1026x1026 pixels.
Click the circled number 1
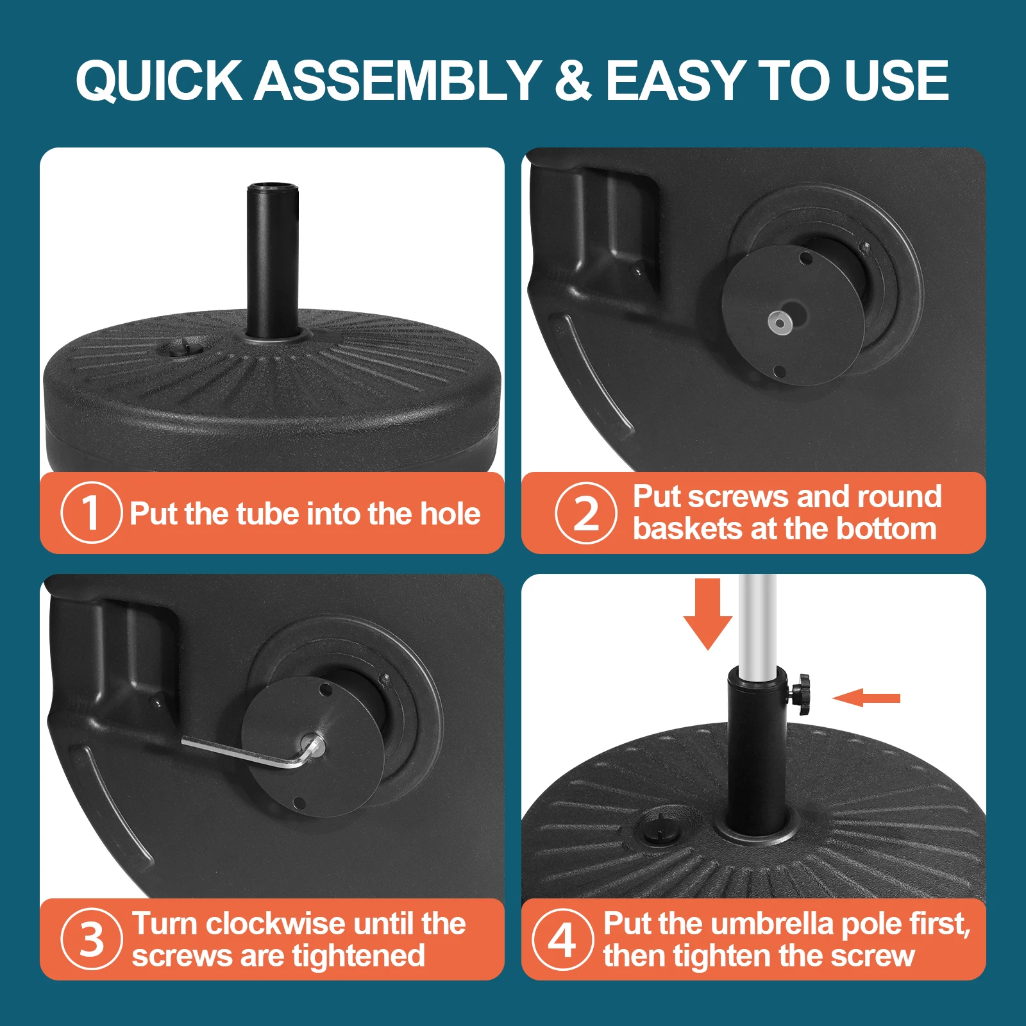(91, 512)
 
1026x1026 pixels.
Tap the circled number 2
(585, 513)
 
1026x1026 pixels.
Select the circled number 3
(91, 939)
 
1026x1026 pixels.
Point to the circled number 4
(562, 939)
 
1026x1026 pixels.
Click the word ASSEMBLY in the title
(398, 80)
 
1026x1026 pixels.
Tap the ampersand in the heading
(573, 80)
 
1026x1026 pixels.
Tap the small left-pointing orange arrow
(866, 698)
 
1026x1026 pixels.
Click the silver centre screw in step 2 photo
(780, 322)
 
